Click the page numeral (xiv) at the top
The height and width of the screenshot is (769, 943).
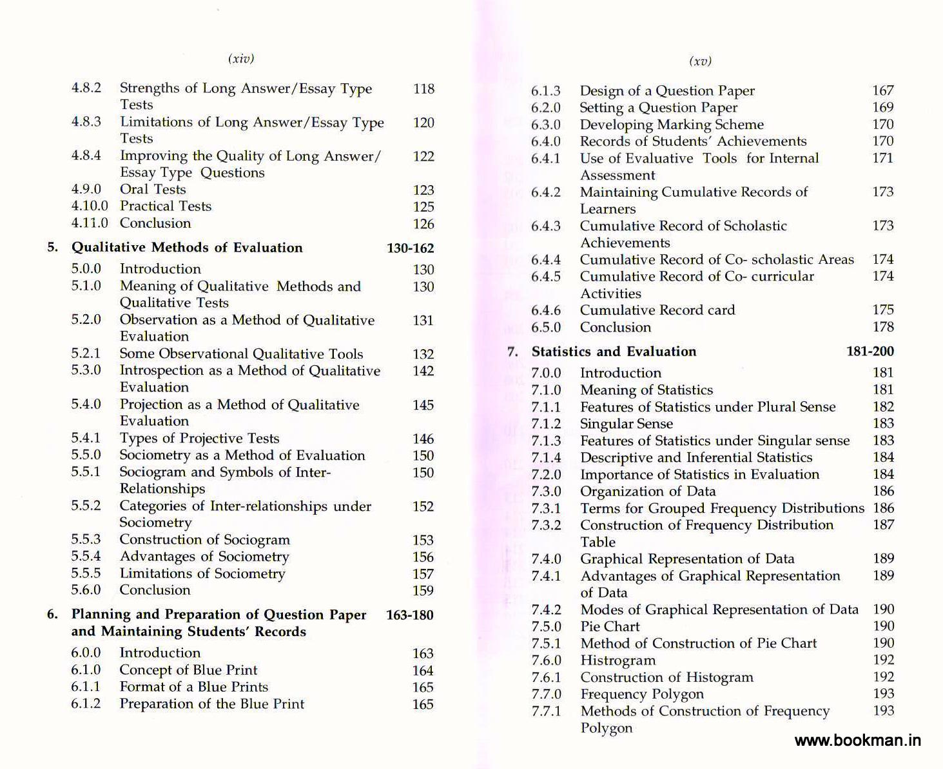tap(241, 59)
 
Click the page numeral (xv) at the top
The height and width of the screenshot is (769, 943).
tap(700, 61)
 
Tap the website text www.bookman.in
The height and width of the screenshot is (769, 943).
tap(857, 741)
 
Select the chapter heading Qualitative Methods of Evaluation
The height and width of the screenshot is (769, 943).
tap(186, 248)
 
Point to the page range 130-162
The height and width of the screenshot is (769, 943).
tap(410, 248)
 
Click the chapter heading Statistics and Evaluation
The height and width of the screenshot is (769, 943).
tap(614, 352)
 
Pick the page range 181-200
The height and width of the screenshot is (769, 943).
tap(870, 352)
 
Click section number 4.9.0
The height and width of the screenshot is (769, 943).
tap(86, 189)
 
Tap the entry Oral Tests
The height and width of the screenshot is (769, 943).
tap(153, 189)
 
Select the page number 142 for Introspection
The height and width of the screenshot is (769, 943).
tap(423, 371)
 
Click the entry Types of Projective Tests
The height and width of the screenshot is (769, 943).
tap(199, 439)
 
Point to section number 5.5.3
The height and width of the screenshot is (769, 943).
tap(86, 539)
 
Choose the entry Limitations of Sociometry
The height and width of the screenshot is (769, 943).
tap(202, 574)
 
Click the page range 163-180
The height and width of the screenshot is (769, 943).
tap(409, 615)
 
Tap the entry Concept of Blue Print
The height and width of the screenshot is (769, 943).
tap(188, 670)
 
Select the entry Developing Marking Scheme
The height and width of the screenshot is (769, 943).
tap(672, 125)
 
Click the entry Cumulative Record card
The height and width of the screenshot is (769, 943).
tap(657, 310)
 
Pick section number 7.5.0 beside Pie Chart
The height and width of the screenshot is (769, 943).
tap(546, 626)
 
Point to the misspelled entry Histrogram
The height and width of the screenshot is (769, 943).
tap(617, 660)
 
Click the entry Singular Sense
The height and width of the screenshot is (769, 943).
tap(626, 424)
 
